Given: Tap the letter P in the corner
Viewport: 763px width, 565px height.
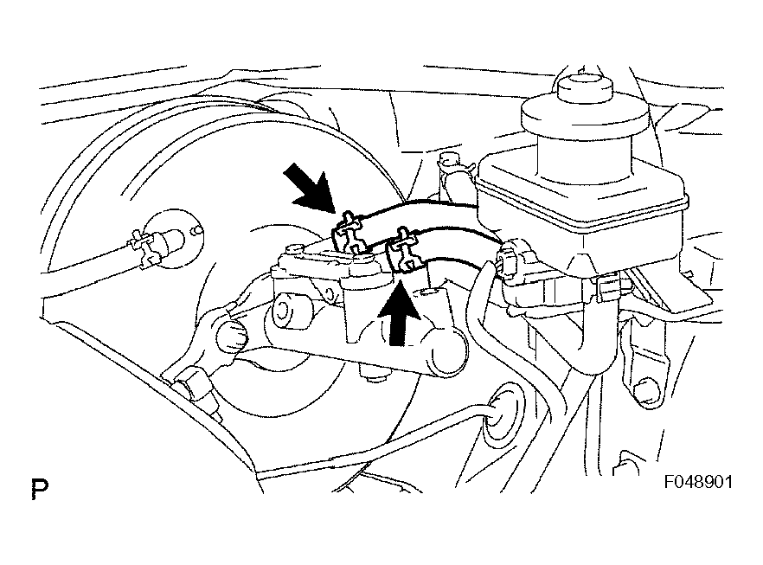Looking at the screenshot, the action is [x=40, y=489].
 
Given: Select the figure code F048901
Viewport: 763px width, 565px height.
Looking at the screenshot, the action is [x=698, y=482].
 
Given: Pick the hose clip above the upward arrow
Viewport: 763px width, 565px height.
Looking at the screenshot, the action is [x=403, y=249].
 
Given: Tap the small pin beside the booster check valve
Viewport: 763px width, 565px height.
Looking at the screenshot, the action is [x=196, y=228].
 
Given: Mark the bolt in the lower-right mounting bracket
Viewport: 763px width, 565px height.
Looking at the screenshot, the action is [x=645, y=390].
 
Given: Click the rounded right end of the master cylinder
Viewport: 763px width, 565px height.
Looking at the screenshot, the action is [x=446, y=350].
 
